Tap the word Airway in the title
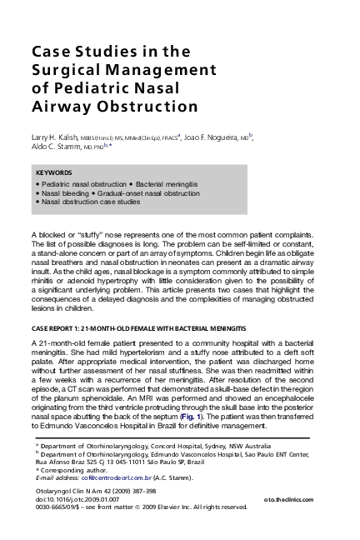click(x=61, y=107)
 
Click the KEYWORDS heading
click(x=55, y=172)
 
